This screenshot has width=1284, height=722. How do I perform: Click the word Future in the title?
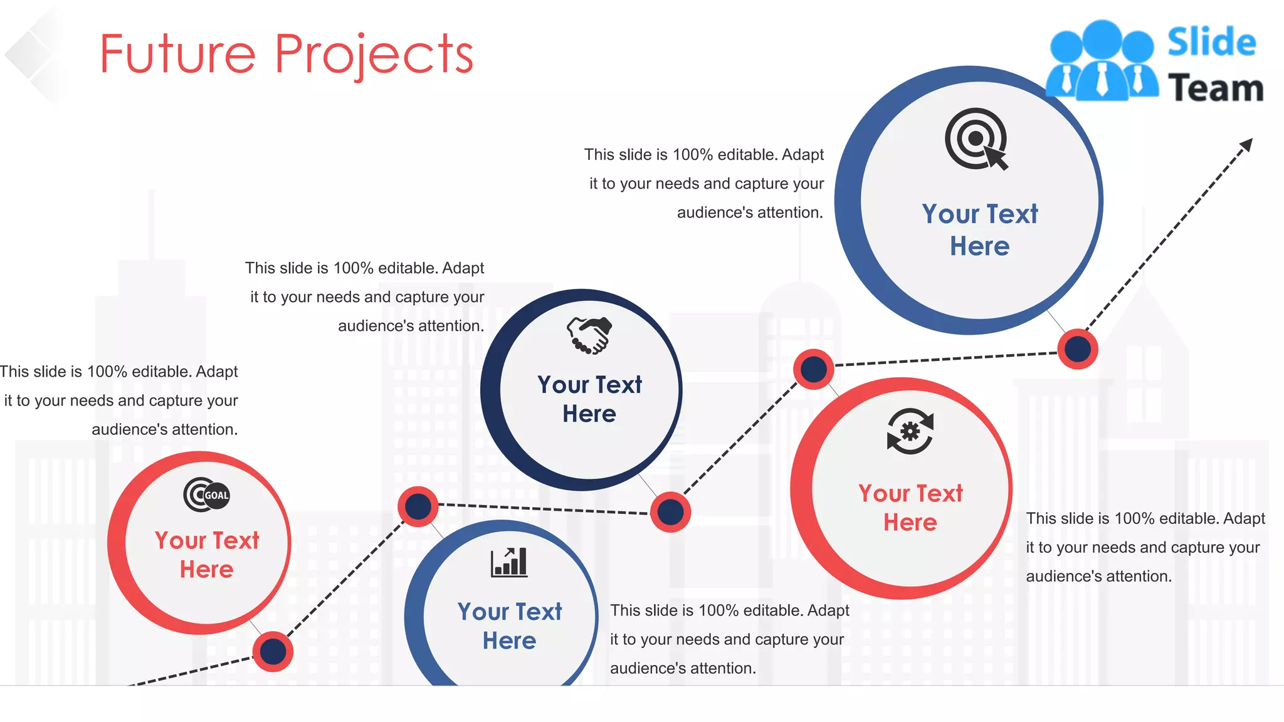pyautogui.click(x=177, y=55)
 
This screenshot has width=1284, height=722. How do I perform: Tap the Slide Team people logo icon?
pyautogui.click(x=1102, y=61)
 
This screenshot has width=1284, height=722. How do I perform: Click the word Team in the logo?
pyautogui.click(x=1215, y=88)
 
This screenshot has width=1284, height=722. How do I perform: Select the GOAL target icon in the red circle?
pyautogui.click(x=207, y=495)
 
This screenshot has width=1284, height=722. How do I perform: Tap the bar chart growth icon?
pyautogui.click(x=508, y=562)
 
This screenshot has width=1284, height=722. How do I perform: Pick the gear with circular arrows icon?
pyautogui.click(x=910, y=431)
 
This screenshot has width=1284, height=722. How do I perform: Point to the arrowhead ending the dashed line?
pyautogui.click(x=1246, y=145)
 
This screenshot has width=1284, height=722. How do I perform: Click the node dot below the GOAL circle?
pyautogui.click(x=273, y=652)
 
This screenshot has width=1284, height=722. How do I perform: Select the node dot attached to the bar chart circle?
pyautogui.click(x=418, y=506)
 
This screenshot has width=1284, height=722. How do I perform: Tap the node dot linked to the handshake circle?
pyautogui.click(x=670, y=512)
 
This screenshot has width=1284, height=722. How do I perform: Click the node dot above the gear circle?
pyautogui.click(x=814, y=369)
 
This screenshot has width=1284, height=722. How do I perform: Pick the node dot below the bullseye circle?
pyautogui.click(x=1078, y=349)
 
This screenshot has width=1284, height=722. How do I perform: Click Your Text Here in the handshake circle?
pyautogui.click(x=589, y=399)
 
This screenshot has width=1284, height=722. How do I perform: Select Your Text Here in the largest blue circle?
pyautogui.click(x=979, y=230)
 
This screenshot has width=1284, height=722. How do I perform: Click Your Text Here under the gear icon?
pyautogui.click(x=910, y=508)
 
